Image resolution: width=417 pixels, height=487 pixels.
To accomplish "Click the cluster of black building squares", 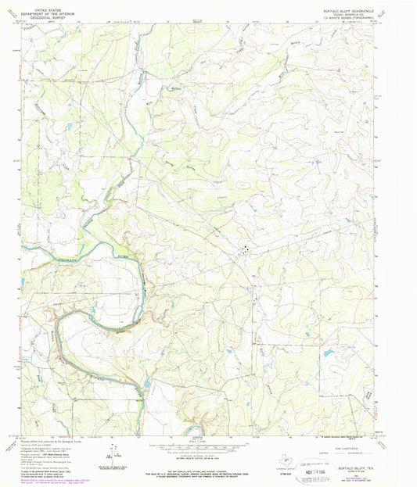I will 246,250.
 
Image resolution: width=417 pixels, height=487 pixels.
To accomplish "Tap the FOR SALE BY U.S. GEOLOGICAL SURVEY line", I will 210,471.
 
